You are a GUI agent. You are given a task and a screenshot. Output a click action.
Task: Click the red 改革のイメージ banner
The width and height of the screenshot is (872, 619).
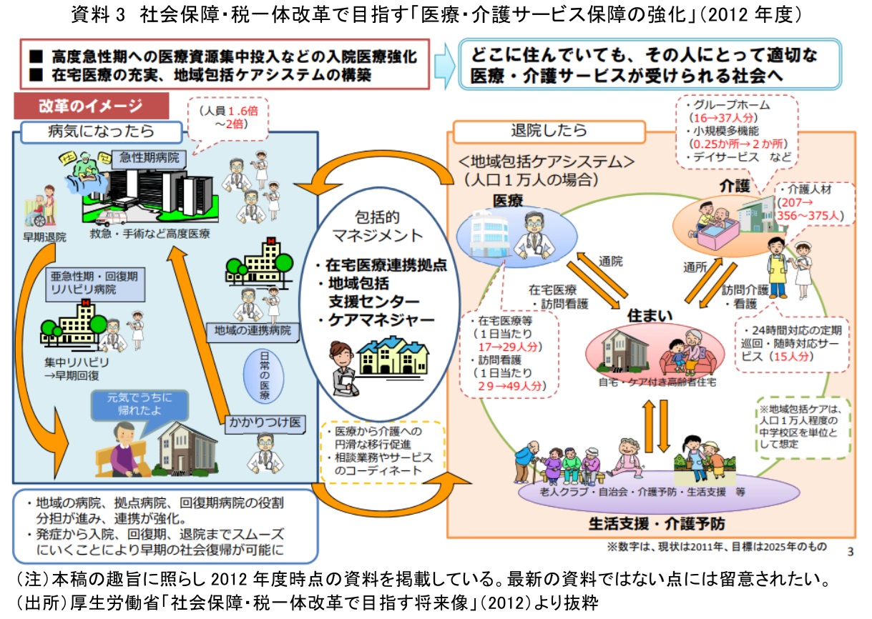pos(91,106)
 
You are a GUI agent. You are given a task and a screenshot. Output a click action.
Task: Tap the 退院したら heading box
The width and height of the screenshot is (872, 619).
pos(549,131)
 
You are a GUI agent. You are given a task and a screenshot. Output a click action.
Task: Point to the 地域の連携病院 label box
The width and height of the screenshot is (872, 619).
pos(253,330)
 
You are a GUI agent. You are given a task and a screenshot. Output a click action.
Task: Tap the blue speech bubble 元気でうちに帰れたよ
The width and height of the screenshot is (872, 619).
pos(131,405)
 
